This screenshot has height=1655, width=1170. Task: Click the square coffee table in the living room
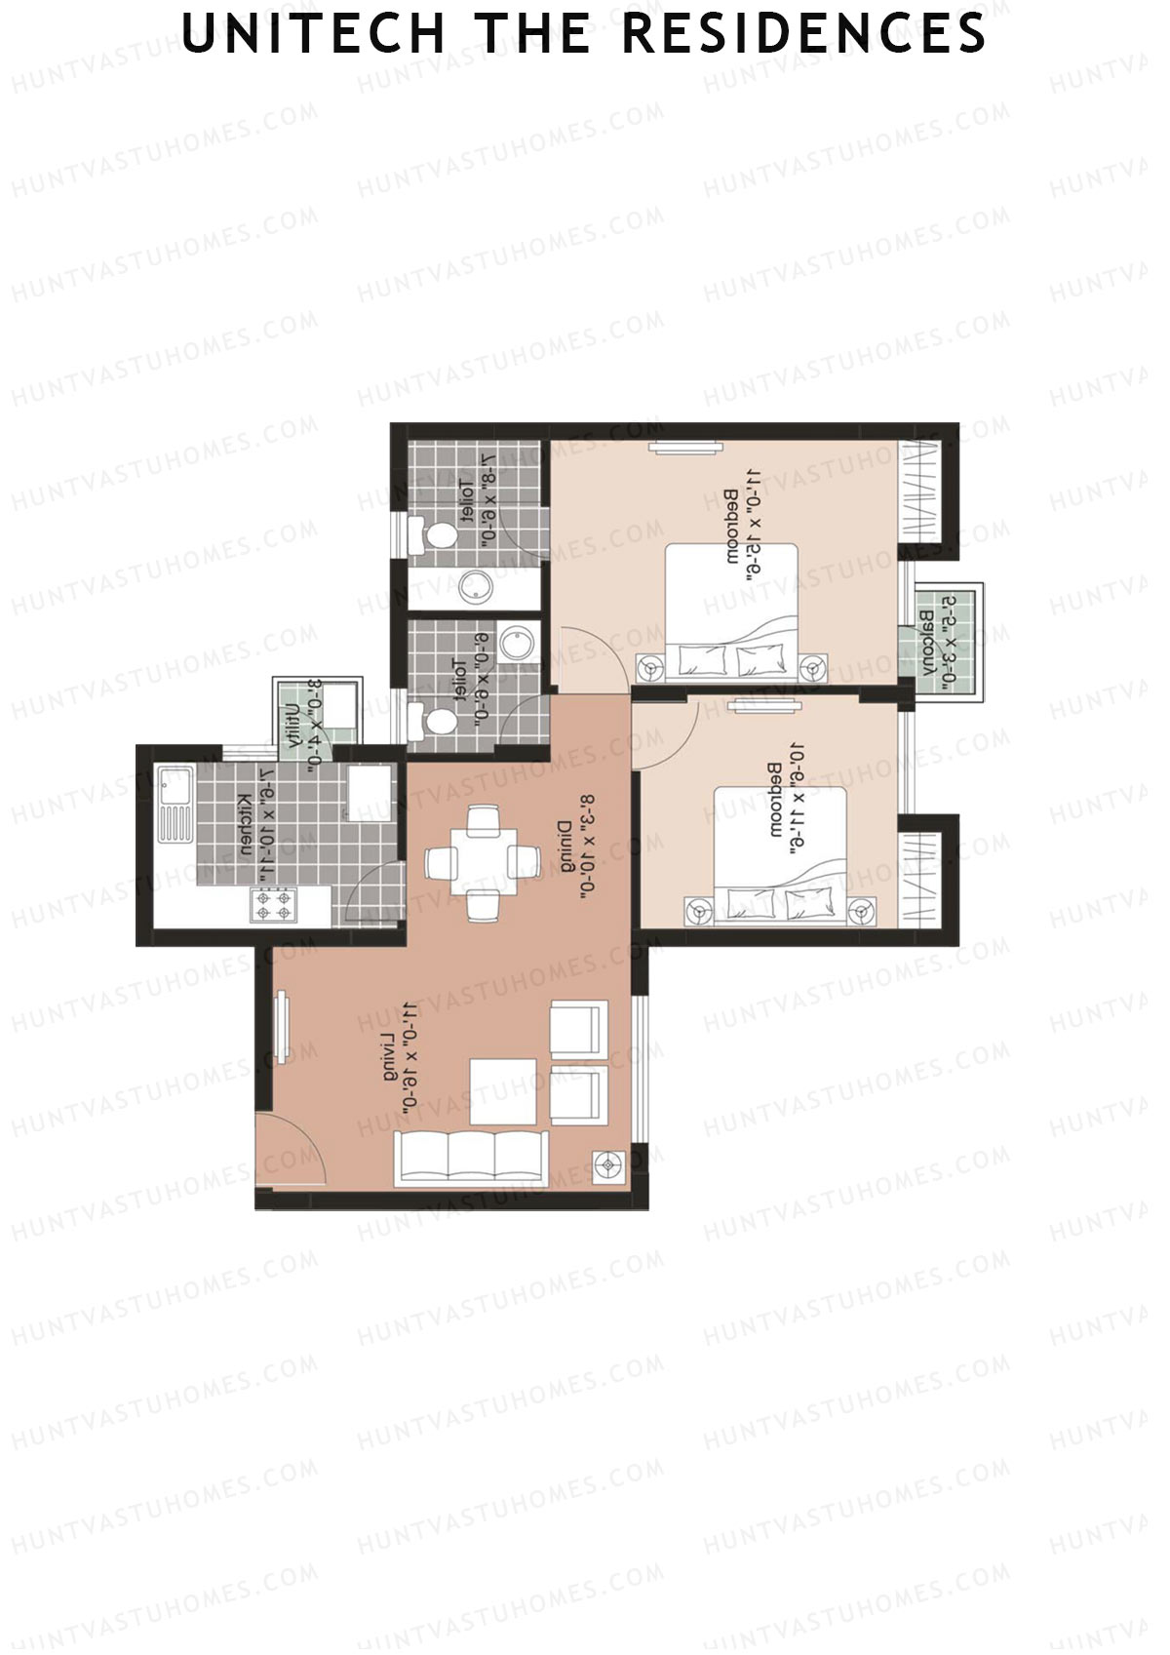coord(503,1090)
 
